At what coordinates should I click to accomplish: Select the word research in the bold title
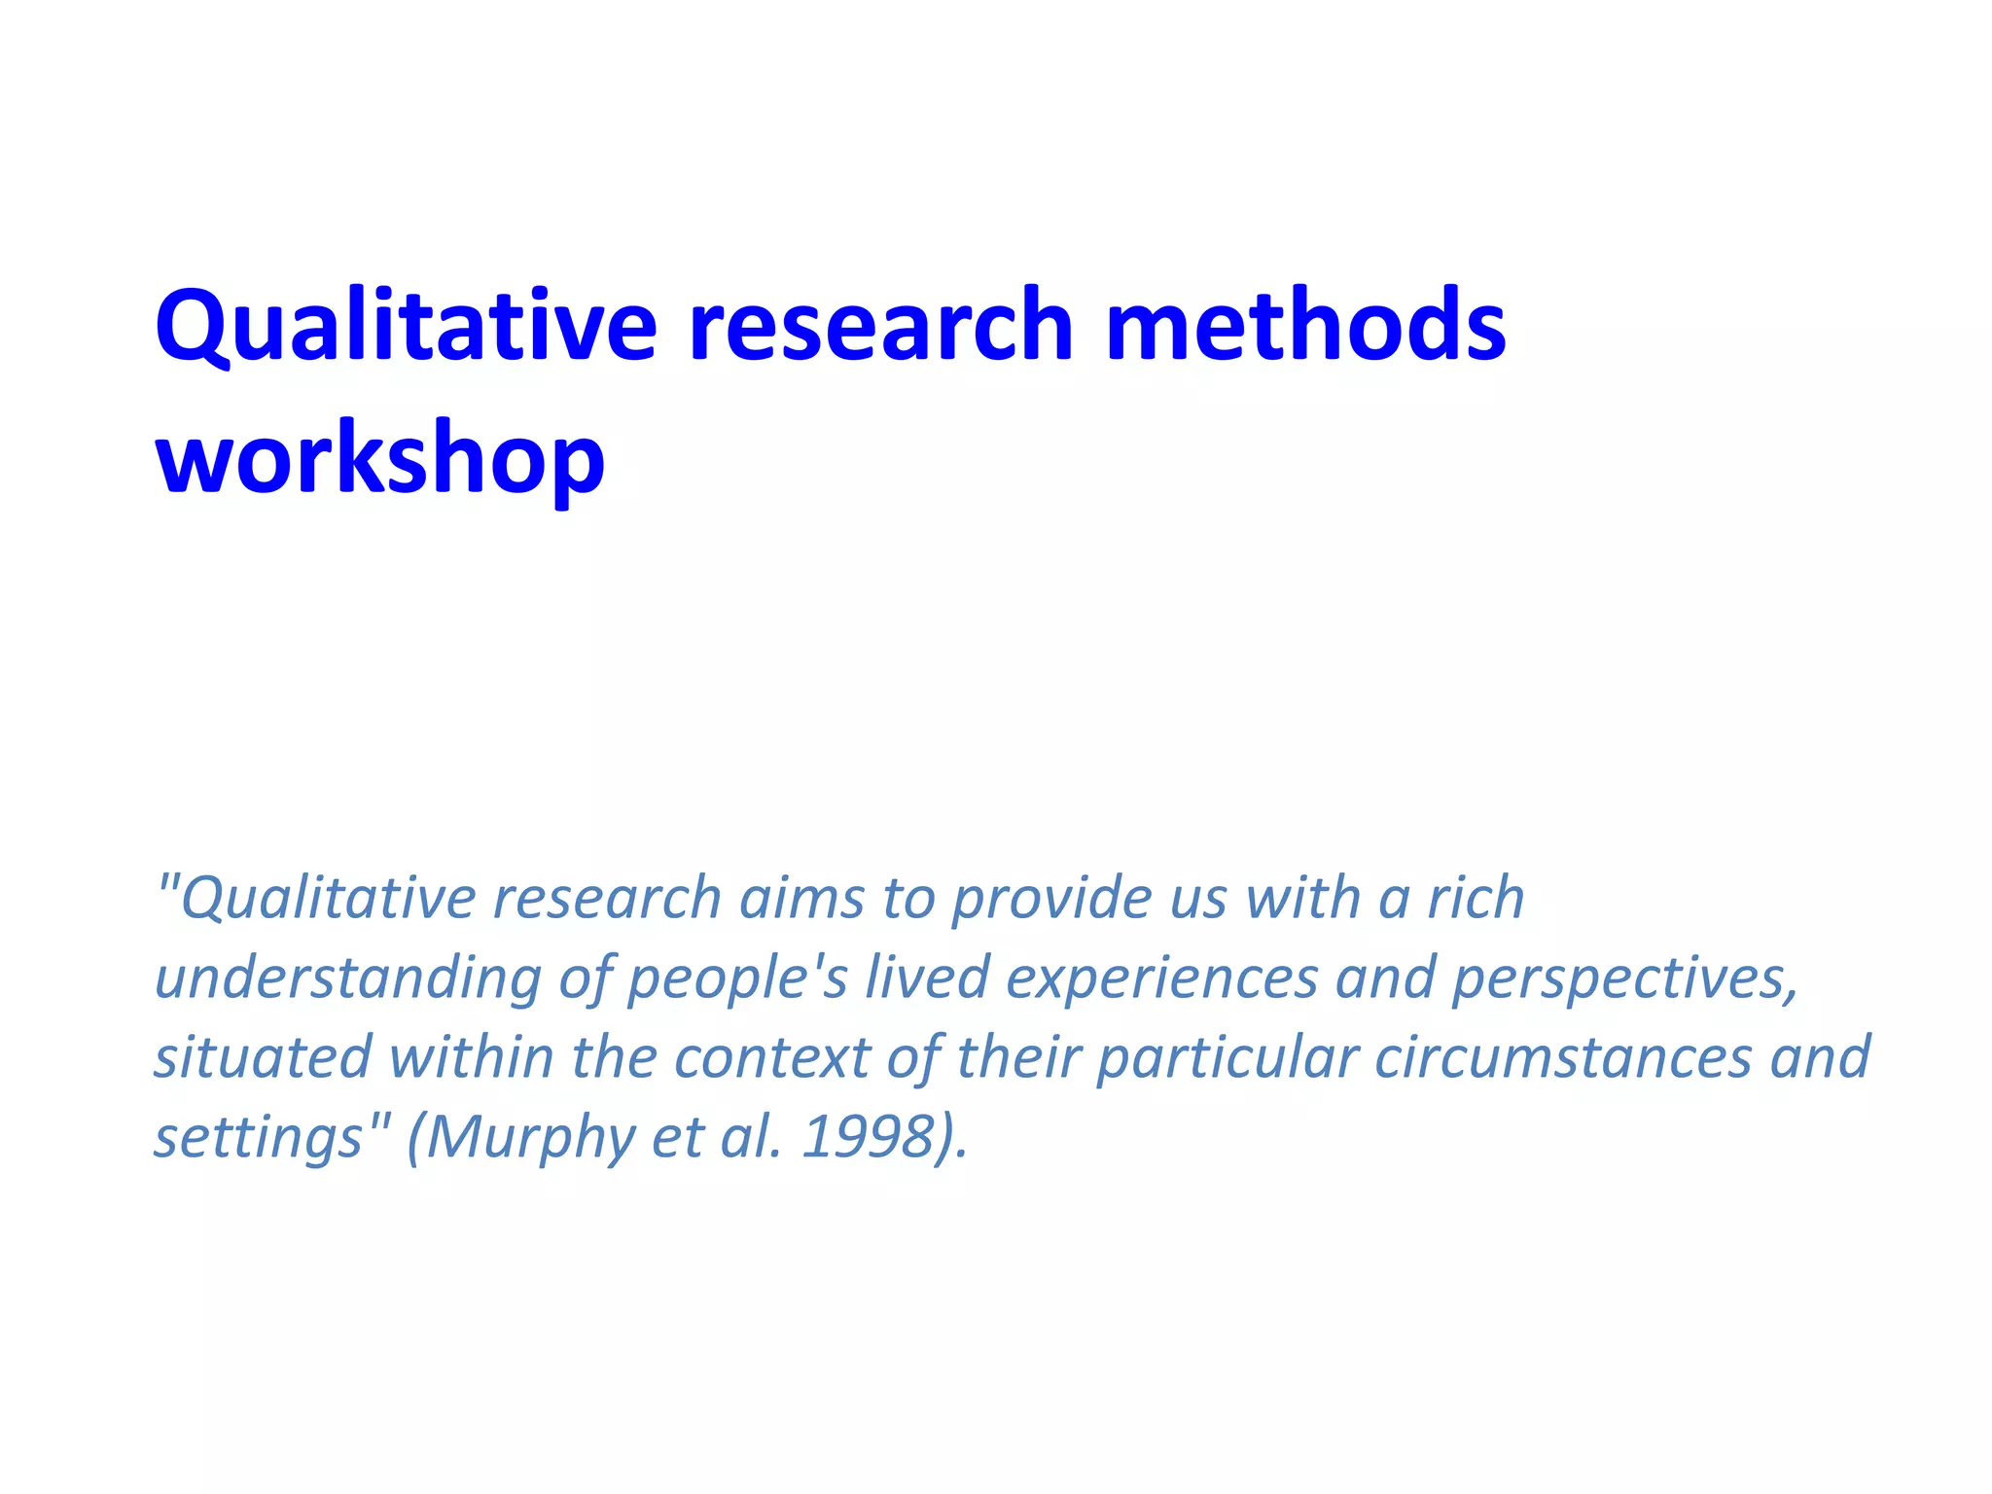[x=881, y=326]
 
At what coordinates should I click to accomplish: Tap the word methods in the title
[x=1305, y=326]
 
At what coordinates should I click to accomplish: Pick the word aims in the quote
[x=800, y=898]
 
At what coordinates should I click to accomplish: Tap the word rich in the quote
[x=1475, y=898]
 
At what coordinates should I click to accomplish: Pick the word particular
[x=1227, y=1058]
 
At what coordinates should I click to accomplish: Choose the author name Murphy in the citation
[x=529, y=1138]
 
